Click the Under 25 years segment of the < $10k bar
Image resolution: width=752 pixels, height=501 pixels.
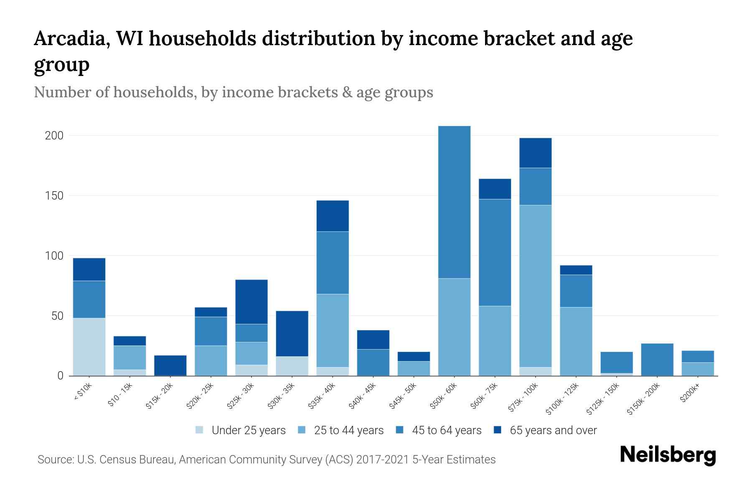(x=89, y=347)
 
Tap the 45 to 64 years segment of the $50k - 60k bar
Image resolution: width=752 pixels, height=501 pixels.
(x=454, y=202)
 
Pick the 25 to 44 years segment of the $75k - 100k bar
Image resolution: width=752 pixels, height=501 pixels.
(x=536, y=286)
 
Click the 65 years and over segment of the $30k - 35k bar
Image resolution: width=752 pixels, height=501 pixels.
(x=292, y=334)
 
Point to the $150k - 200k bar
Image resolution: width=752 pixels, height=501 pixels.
(x=657, y=359)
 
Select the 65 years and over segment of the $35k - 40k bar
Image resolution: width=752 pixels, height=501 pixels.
(x=333, y=216)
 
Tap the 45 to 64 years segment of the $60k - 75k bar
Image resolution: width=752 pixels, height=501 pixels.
(x=495, y=253)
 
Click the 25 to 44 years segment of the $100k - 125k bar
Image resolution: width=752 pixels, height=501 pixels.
(x=576, y=342)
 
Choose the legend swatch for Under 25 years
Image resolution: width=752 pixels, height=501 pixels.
(x=200, y=430)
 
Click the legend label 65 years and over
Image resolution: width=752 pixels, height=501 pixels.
(x=553, y=430)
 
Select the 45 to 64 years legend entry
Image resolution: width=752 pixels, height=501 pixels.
(x=447, y=430)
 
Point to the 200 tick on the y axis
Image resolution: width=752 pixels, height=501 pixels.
(x=54, y=136)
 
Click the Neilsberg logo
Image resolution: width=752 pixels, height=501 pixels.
(x=668, y=455)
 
